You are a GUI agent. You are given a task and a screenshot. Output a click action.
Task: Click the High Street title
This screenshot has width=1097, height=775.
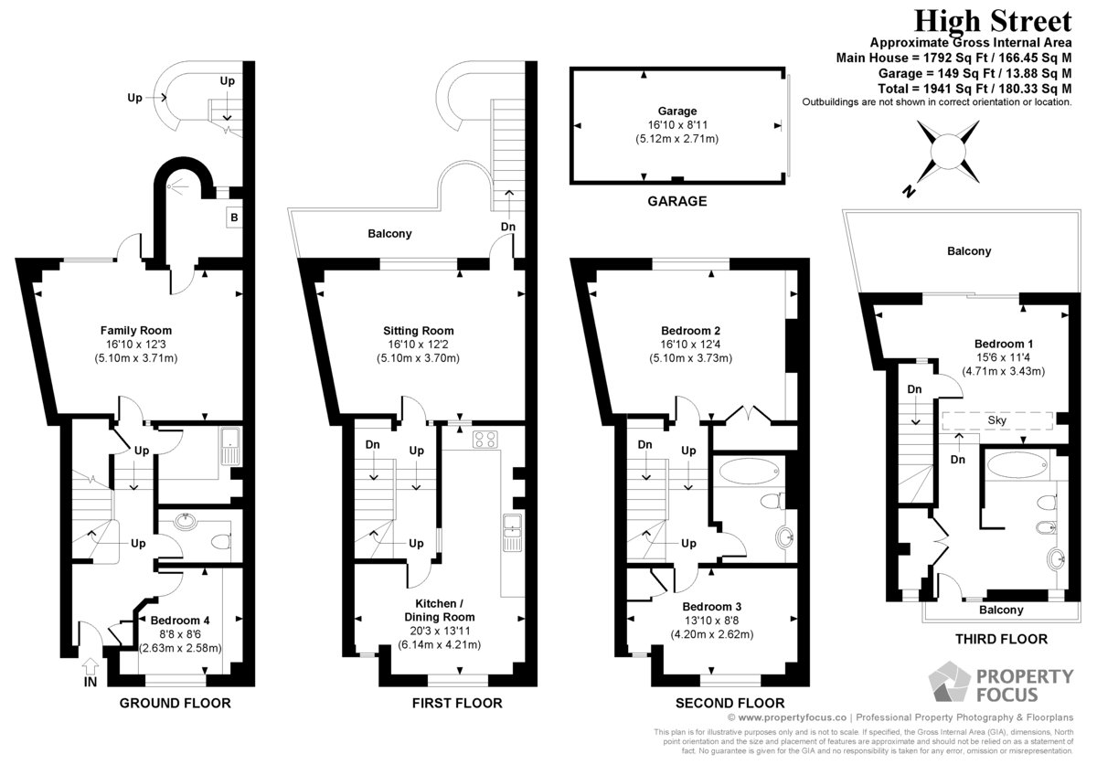point(993,22)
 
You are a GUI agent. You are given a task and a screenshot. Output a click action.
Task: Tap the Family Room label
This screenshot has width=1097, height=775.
point(136,331)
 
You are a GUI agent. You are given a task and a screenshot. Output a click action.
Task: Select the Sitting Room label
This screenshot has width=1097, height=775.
point(419,331)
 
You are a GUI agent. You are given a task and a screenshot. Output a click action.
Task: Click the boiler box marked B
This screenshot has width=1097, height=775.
point(234,218)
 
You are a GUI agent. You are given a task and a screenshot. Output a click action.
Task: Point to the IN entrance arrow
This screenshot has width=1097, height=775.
point(91,665)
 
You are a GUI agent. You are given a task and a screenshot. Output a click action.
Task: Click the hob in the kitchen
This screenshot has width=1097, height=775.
point(485,440)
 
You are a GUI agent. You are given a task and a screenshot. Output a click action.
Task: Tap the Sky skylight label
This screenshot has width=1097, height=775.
point(997,420)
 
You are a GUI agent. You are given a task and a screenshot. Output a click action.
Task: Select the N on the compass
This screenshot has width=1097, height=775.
point(909,191)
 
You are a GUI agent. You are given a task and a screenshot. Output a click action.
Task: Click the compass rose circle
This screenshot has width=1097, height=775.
point(948,152)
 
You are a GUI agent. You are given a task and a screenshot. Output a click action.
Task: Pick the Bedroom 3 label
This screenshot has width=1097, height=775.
point(711,607)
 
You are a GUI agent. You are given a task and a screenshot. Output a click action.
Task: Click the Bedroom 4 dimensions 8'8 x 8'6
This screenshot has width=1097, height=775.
point(180,634)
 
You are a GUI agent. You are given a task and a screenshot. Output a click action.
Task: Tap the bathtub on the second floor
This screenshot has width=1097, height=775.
point(749,471)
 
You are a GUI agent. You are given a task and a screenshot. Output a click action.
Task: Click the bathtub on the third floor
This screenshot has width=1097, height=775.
point(1017,464)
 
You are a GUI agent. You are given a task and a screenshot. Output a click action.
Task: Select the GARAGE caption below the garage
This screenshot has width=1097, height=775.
point(677,201)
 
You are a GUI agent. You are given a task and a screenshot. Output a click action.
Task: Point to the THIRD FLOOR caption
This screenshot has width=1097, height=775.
point(1002,639)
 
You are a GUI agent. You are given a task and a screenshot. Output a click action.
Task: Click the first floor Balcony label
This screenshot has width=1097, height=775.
point(389,234)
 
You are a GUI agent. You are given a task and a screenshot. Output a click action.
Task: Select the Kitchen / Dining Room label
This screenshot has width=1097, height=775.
point(440,610)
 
